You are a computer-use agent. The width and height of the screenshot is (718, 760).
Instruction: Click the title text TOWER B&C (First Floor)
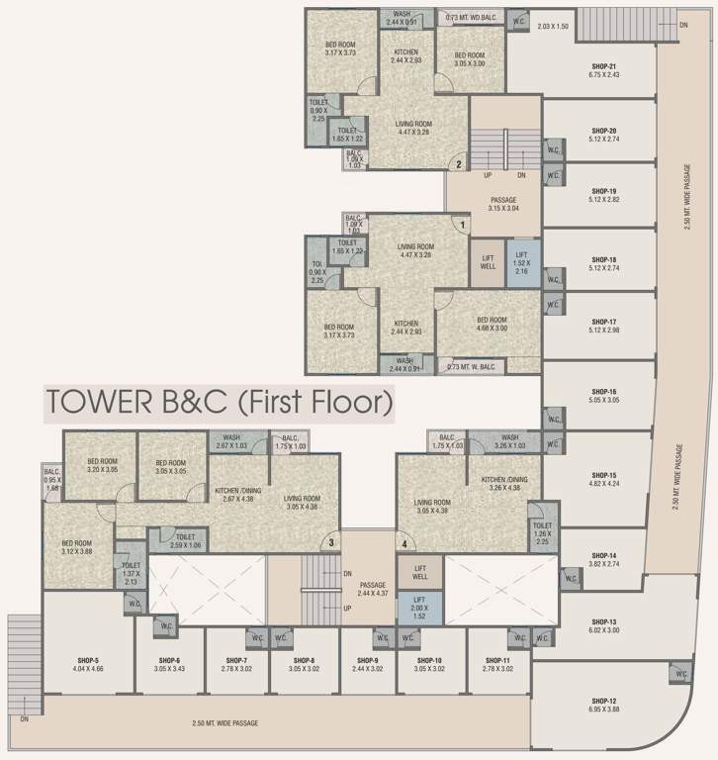219,403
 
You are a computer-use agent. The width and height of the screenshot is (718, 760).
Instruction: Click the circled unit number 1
462,225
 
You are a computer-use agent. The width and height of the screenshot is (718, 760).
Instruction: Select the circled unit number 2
458,165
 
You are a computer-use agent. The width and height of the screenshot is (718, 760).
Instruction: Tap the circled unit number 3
332,541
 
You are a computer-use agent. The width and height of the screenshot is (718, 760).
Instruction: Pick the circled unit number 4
404,542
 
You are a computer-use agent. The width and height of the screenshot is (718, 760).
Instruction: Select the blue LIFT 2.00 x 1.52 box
418,606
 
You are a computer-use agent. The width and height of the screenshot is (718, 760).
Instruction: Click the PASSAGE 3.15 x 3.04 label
504,204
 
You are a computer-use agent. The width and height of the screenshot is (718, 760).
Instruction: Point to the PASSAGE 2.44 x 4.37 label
372,589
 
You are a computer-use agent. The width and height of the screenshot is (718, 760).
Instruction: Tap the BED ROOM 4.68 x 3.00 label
492,325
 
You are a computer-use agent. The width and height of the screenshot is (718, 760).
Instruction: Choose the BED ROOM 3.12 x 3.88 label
76,547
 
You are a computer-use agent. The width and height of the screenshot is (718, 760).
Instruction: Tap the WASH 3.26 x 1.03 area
509,442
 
